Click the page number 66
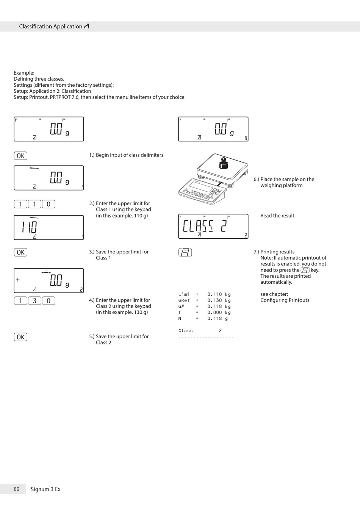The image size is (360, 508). pyautogui.click(x=16, y=489)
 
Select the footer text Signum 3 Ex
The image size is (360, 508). pyautogui.click(x=45, y=489)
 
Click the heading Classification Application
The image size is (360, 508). pyautogui.click(x=51, y=27)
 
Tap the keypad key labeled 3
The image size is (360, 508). pyautogui.click(x=34, y=301)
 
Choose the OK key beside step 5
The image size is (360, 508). pyautogui.click(x=20, y=337)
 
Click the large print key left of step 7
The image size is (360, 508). pyautogui.click(x=185, y=252)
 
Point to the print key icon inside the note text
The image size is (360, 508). pyautogui.click(x=305, y=270)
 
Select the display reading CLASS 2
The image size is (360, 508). pyautogui.click(x=205, y=226)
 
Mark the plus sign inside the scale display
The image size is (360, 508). pyautogui.click(x=18, y=280)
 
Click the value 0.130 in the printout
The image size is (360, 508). pyautogui.click(x=214, y=300)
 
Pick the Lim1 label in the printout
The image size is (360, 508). pyautogui.click(x=184, y=294)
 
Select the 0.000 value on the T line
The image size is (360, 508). pyautogui.click(x=214, y=313)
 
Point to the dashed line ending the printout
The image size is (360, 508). pyautogui.click(x=206, y=337)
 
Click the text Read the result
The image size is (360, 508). pyautogui.click(x=277, y=216)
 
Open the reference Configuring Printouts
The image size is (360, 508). pyautogui.click(x=285, y=300)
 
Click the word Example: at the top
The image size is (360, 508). pyautogui.click(x=24, y=73)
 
